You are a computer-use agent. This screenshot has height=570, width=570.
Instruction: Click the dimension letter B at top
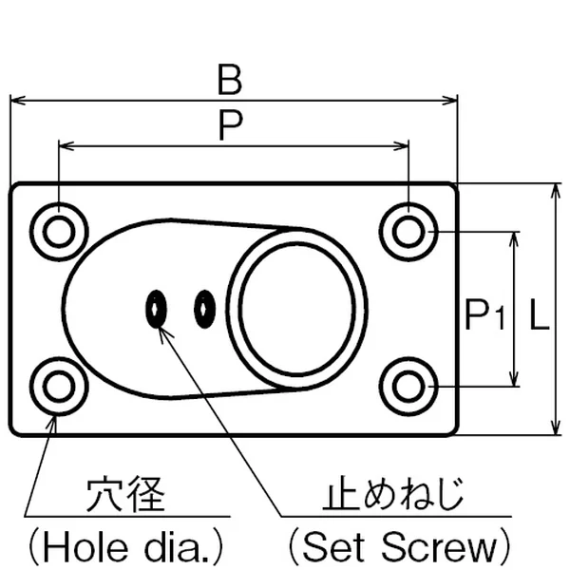coord(229,80)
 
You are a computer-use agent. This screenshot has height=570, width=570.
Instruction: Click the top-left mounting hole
coord(59,230)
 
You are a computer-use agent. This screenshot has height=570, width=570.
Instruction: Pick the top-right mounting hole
coord(408,230)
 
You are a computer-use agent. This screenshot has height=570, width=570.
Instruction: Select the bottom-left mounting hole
coord(59,386)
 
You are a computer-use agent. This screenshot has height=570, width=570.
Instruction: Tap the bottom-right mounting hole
coord(408,386)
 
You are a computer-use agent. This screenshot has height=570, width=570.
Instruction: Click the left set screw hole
coord(157,308)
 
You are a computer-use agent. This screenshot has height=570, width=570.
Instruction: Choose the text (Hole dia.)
coord(124,545)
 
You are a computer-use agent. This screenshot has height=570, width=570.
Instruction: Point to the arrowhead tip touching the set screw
coord(160,329)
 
